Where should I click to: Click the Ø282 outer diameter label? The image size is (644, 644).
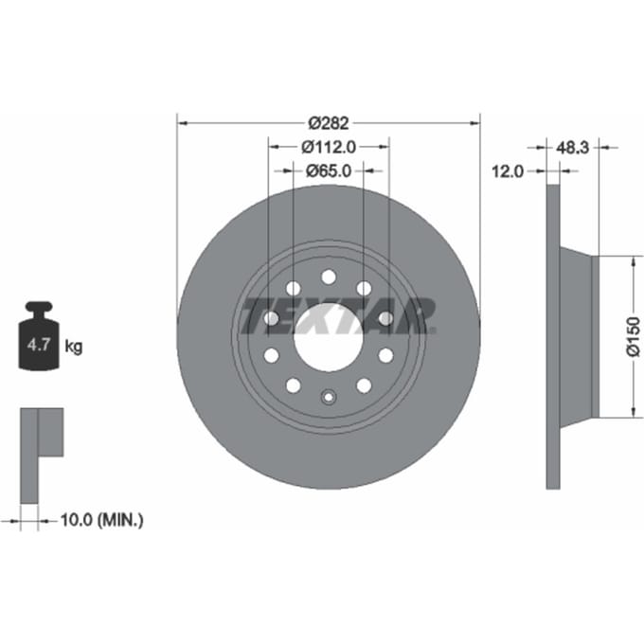coord(329,123)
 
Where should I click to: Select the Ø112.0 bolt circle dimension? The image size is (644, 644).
coord(329,147)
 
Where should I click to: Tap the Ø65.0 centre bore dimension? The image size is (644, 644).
coord(329,170)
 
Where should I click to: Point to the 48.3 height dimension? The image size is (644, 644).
coord(573,147)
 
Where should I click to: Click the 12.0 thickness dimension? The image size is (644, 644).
coord(508,170)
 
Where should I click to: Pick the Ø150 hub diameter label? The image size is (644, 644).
coord(634,336)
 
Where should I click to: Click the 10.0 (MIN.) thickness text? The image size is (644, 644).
coord(102,520)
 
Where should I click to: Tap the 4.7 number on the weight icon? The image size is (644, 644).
coord(39,344)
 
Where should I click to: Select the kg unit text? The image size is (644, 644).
coord(74,347)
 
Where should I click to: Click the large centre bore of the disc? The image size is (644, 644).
coord(329,337)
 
